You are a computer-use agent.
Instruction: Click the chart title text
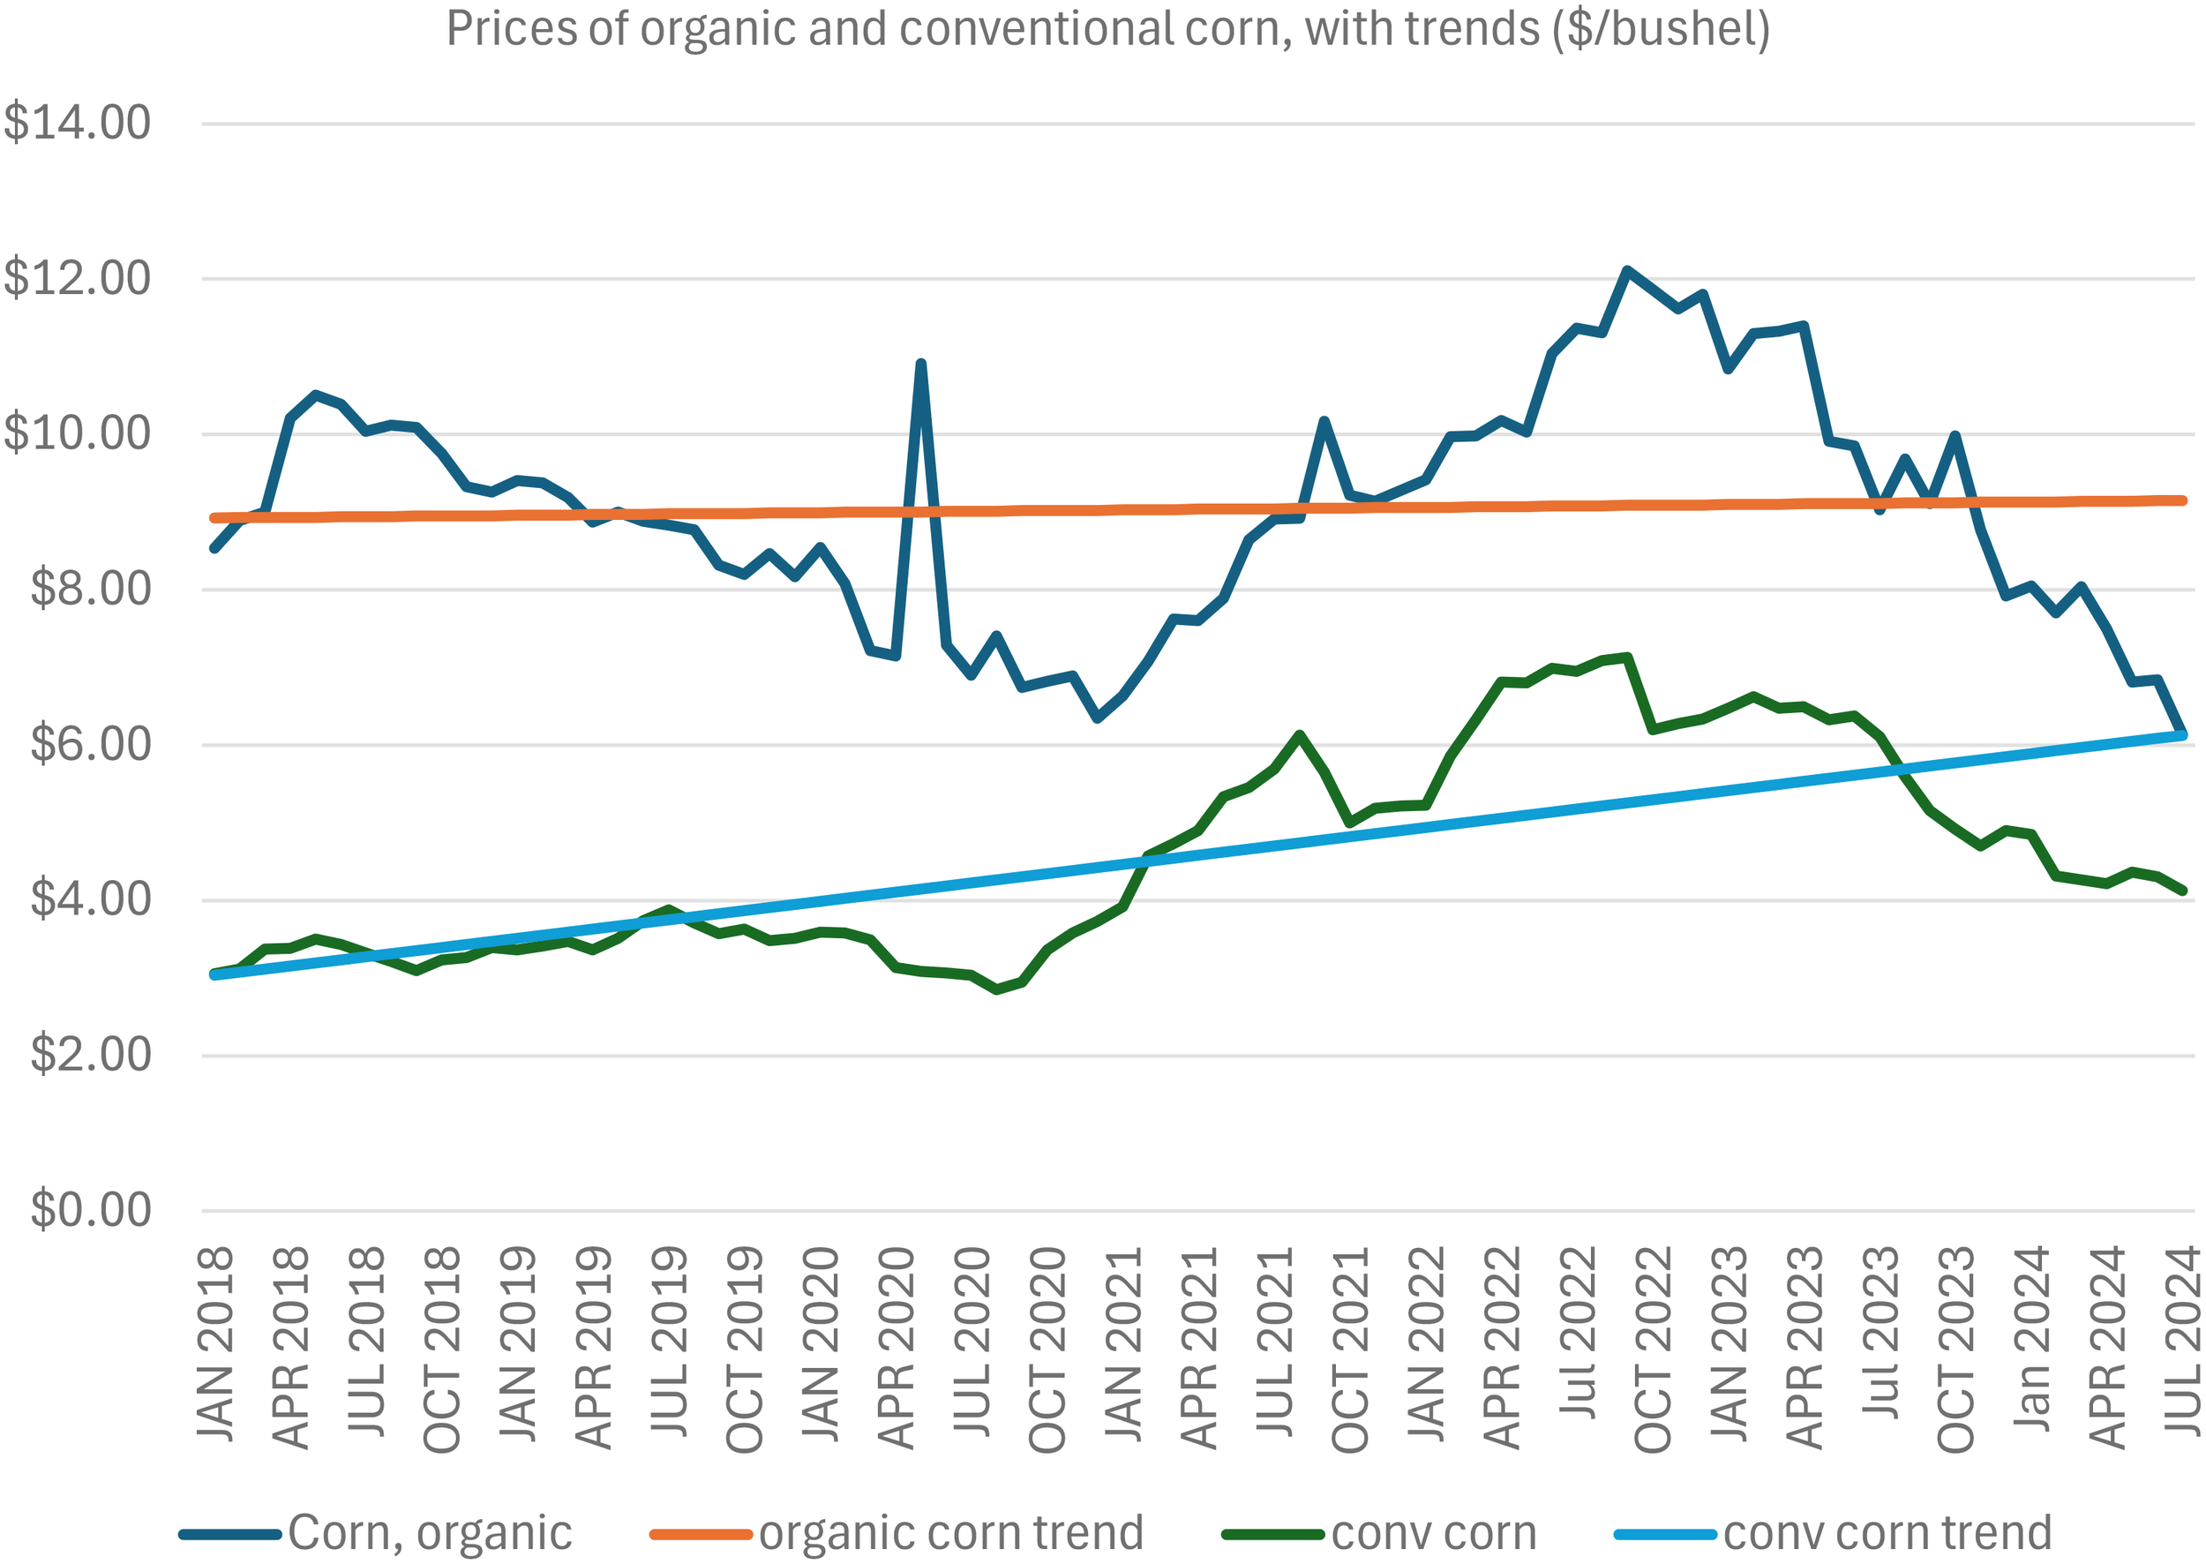pyautogui.click(x=1107, y=29)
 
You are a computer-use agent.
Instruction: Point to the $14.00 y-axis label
pyautogui.click(x=77, y=124)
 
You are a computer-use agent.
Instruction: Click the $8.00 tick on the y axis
pyautogui.click(x=91, y=589)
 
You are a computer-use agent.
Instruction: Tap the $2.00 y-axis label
pyautogui.click(x=91, y=1055)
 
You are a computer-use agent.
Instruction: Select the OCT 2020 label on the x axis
pyautogui.click(x=1047, y=1350)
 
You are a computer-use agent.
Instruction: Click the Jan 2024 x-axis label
pyautogui.click(x=2030, y=1339)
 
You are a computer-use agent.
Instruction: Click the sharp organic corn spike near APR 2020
pyautogui.click(x=920, y=364)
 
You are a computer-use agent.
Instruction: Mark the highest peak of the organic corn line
pyautogui.click(x=1627, y=271)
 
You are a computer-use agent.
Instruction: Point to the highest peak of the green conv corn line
pyautogui.click(x=1627, y=658)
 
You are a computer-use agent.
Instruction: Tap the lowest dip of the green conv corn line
pyautogui.click(x=996, y=989)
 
